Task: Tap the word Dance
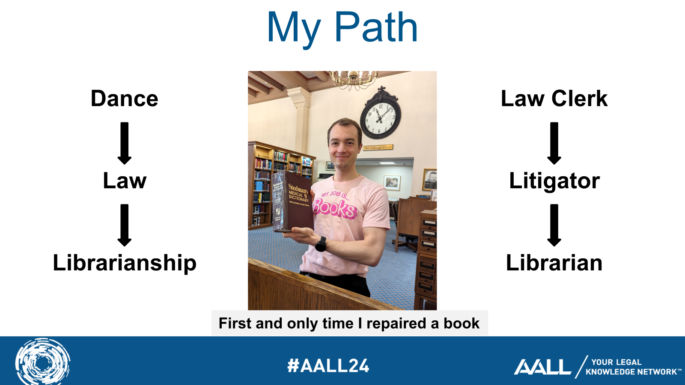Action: click(x=125, y=99)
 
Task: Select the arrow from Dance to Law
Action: click(x=125, y=143)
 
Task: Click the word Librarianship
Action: click(x=125, y=263)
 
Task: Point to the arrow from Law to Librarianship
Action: click(x=125, y=225)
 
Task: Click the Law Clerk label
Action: click(x=554, y=99)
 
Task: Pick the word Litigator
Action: click(x=554, y=181)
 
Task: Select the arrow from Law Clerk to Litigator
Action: click(x=554, y=143)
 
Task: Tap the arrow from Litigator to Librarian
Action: click(x=554, y=225)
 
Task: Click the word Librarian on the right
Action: click(x=554, y=263)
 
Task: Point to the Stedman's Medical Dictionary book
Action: click(x=293, y=201)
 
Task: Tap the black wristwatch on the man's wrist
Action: click(x=321, y=244)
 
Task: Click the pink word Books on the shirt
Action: click(x=334, y=208)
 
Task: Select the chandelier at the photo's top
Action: click(x=353, y=79)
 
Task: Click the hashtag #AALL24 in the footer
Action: click(x=328, y=366)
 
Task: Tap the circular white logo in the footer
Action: click(x=42, y=362)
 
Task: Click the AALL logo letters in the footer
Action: click(x=542, y=367)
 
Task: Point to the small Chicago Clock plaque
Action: click(x=378, y=148)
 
